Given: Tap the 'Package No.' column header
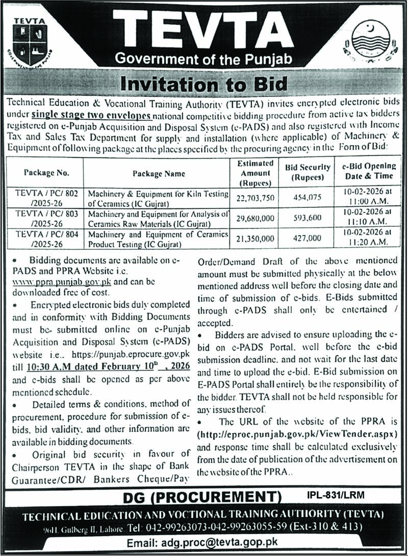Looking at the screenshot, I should coord(47,173).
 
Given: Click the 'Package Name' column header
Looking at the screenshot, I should coord(159,173).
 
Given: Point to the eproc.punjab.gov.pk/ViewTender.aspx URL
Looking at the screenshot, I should coord(297,433).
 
